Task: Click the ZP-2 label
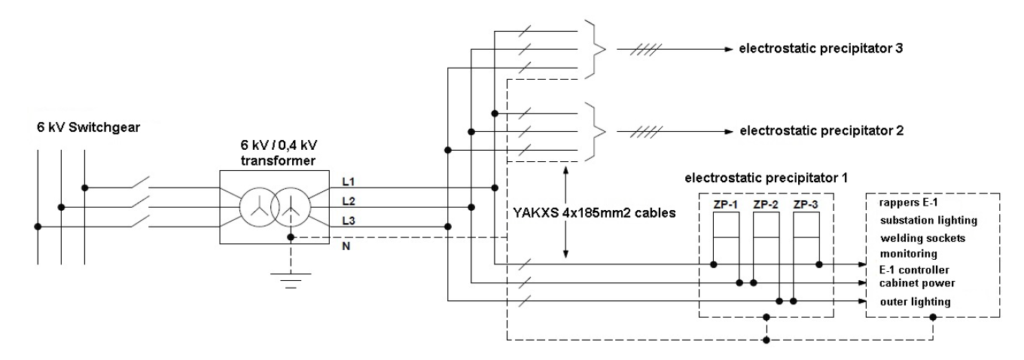click(x=766, y=204)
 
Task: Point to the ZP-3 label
click(x=806, y=204)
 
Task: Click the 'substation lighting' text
click(x=933, y=220)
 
